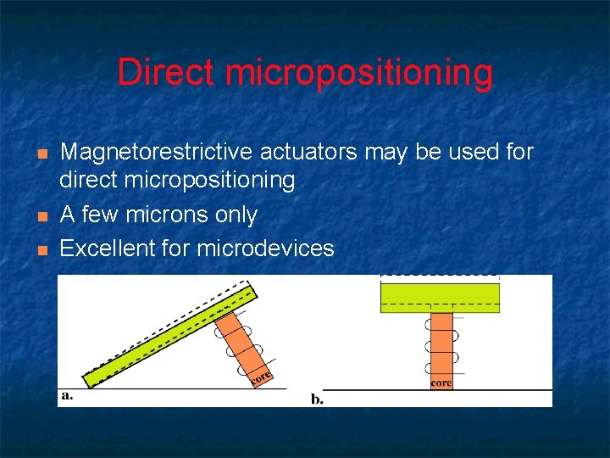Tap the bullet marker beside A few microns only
point(42,216)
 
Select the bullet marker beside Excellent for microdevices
point(42,250)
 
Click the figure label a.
point(67,395)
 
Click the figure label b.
point(317,399)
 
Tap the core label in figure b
point(441,383)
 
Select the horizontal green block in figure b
point(440,298)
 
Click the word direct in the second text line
point(89,181)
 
